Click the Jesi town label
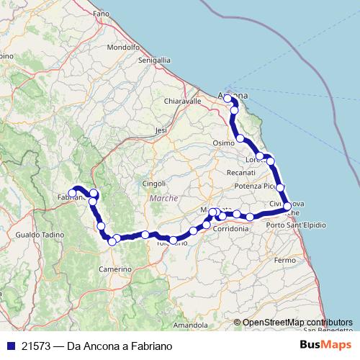(161, 130)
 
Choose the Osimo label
(224, 143)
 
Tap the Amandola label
(190, 325)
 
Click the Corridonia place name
(230, 229)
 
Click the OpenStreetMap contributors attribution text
(297, 323)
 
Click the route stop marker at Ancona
(228, 98)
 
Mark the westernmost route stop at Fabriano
(71, 192)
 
